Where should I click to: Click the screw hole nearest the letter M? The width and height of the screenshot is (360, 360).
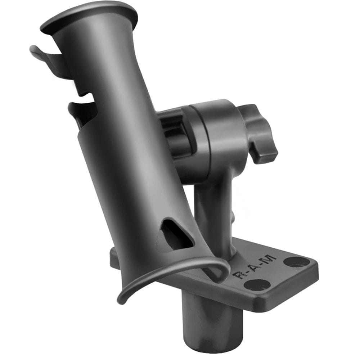(x=296, y=261)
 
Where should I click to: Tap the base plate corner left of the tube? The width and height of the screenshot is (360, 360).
(x=113, y=256)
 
